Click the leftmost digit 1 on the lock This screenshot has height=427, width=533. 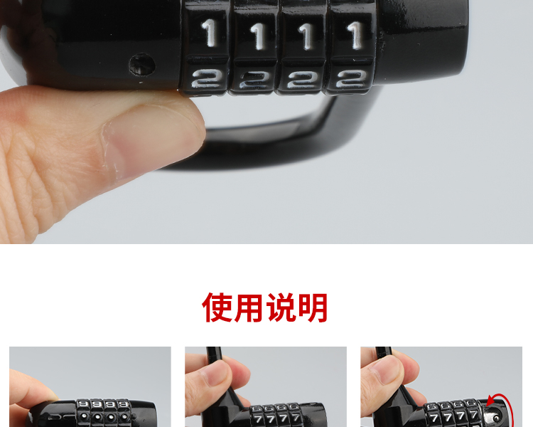pyautogui.click(x=210, y=33)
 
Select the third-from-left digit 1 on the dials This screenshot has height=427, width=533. pyautogui.click(x=306, y=36)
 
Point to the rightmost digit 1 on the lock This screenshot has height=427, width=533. pyautogui.click(x=355, y=35)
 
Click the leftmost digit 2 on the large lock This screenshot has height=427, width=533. pyautogui.click(x=205, y=79)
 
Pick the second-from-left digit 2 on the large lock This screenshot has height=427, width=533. pyautogui.click(x=254, y=80)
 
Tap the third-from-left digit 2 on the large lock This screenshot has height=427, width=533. pyautogui.click(x=302, y=80)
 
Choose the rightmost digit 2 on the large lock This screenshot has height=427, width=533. pyautogui.click(x=351, y=79)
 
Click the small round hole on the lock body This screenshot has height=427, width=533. pyautogui.click(x=142, y=64)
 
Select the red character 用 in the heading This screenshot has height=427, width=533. pyautogui.click(x=249, y=307)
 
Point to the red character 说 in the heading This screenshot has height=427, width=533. pyautogui.click(x=281, y=307)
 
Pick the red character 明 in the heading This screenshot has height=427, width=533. pyautogui.click(x=313, y=307)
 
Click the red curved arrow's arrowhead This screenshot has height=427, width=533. pyautogui.click(x=490, y=401)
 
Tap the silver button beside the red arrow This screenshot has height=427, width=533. pyautogui.click(x=495, y=417)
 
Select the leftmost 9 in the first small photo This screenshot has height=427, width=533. pyautogui.click(x=82, y=404)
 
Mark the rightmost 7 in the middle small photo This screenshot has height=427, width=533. pyautogui.click(x=296, y=417)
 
